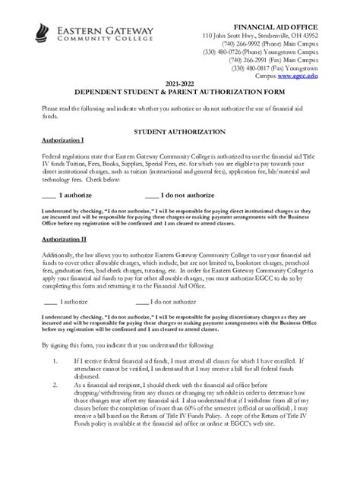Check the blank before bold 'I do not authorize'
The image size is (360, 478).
pyautogui.click(x=152, y=195)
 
